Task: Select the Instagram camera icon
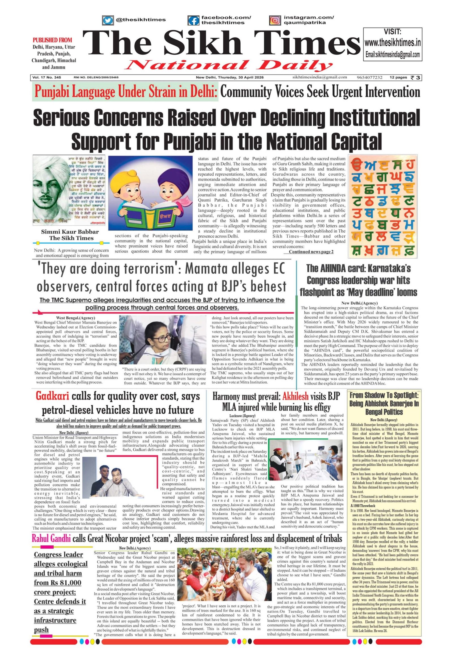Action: click(274, 20)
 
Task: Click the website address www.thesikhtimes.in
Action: click(392, 43)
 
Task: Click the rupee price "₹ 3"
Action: click(416, 77)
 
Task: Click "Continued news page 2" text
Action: click(311, 252)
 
